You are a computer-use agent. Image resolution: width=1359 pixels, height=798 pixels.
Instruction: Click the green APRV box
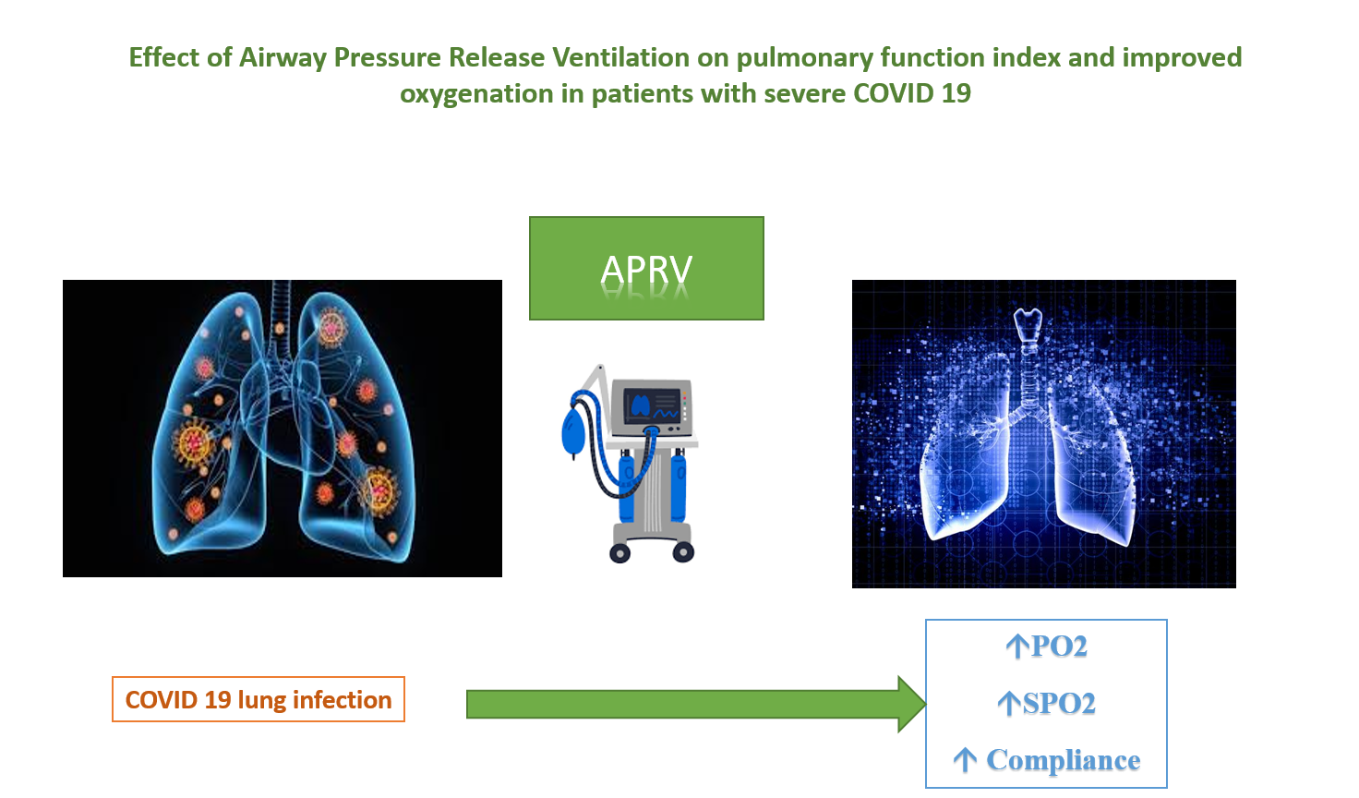[x=646, y=268]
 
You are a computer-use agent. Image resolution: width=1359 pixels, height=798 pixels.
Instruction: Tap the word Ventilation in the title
[x=620, y=57]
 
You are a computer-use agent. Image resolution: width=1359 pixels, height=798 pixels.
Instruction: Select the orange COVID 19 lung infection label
[x=259, y=699]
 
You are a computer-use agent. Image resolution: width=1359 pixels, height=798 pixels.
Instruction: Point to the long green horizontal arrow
[x=696, y=704]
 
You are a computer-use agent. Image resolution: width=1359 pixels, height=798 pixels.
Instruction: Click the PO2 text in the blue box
[x=1059, y=647]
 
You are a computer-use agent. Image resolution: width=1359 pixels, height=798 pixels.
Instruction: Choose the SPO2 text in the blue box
[x=1059, y=704]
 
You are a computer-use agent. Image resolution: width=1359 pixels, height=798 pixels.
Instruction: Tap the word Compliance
[x=1064, y=760]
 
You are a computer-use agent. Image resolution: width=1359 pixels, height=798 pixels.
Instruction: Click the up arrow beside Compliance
[x=965, y=760]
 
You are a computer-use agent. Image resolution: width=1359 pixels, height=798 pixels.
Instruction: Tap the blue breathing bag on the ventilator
[x=573, y=432]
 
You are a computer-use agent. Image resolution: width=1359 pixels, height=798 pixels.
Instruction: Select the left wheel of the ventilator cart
[x=619, y=553]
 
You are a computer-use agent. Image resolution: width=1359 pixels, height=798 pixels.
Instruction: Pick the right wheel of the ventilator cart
[x=683, y=552]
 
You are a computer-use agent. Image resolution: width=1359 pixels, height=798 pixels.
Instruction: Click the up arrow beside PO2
[x=1017, y=647]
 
